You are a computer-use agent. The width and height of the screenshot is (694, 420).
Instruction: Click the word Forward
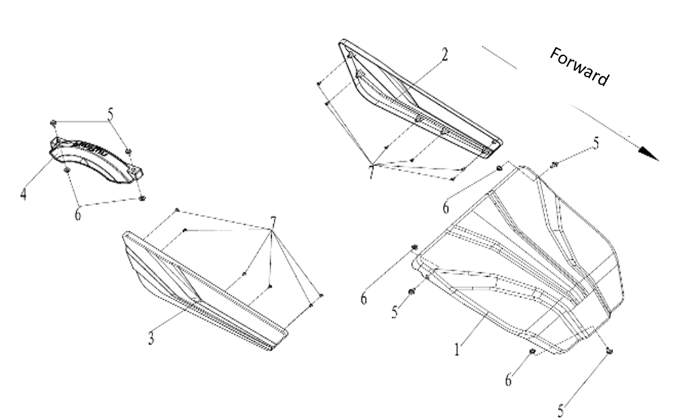coord(580,67)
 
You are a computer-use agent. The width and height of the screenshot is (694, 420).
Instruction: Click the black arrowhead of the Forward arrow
coord(649,153)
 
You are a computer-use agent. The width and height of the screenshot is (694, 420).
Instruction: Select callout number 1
coord(457,350)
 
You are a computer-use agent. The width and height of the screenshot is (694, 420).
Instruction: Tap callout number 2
coord(445,55)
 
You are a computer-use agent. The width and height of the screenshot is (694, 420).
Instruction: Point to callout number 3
coord(152,339)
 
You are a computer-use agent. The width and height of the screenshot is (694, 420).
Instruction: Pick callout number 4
coord(23,194)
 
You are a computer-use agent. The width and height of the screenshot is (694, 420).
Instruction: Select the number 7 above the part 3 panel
coord(273,223)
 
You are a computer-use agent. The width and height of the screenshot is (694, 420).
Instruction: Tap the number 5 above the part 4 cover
coord(110,114)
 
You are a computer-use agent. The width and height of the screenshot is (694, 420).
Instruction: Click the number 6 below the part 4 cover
coord(78,214)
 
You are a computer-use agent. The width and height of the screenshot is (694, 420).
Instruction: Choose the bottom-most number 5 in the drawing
coord(561,411)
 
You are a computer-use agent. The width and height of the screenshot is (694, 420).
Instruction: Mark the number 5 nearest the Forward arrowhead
coord(596,143)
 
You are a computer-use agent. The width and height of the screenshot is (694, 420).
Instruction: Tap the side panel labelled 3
coord(204,290)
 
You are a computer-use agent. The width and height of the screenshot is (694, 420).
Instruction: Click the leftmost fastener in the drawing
coord(53,122)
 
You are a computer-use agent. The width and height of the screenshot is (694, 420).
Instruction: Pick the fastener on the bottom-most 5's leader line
coord(609,351)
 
